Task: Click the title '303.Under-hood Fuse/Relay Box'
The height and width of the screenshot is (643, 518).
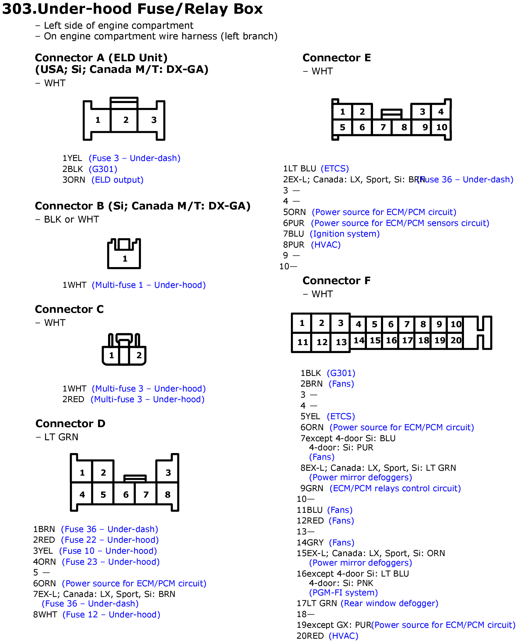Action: (x=132, y=9)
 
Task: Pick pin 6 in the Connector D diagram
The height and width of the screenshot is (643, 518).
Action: (x=126, y=495)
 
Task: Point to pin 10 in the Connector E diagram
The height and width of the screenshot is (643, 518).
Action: (x=441, y=127)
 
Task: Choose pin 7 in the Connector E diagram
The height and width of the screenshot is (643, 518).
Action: (x=383, y=127)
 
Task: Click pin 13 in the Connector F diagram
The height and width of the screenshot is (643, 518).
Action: (x=341, y=342)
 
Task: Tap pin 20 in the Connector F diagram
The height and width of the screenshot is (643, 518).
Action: (x=456, y=340)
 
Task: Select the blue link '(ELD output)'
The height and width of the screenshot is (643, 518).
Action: (x=118, y=180)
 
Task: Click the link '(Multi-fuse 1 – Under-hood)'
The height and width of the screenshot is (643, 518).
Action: (x=149, y=285)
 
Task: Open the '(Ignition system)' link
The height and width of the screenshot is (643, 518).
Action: (x=345, y=234)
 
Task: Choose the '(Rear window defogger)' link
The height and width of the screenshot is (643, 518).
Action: (x=389, y=603)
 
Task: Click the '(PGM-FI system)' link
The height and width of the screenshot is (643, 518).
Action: (x=344, y=593)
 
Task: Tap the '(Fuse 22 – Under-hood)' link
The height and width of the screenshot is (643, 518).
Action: (x=110, y=540)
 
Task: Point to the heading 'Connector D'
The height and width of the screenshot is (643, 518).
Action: (x=71, y=423)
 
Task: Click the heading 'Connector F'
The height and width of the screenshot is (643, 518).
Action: (x=337, y=280)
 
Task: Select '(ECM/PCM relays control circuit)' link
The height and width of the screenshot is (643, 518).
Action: (x=395, y=488)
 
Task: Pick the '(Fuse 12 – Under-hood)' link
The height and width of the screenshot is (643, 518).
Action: (x=111, y=615)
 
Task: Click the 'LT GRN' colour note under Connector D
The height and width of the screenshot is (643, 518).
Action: (x=61, y=437)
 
